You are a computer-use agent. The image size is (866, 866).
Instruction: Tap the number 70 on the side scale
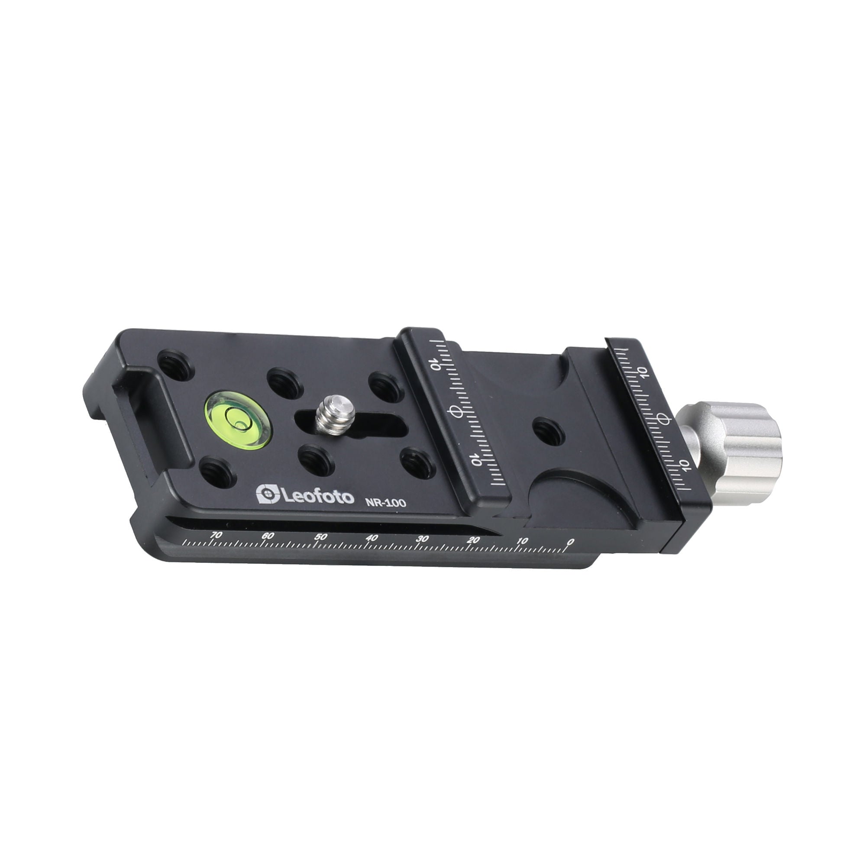[x=216, y=535]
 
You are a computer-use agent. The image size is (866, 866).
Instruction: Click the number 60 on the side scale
[x=268, y=536]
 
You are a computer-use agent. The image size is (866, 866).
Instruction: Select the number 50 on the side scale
[x=320, y=537]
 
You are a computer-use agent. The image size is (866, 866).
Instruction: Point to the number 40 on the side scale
[x=371, y=538]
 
